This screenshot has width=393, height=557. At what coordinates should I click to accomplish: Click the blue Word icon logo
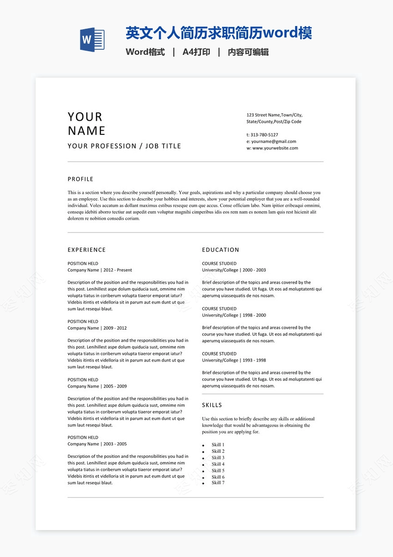point(92,39)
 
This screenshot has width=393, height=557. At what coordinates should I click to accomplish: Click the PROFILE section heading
point(80,179)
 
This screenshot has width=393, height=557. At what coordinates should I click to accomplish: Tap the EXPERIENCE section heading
point(86,250)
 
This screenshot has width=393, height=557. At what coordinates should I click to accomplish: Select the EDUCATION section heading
point(221,250)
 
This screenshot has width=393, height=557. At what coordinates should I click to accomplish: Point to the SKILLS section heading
point(212,405)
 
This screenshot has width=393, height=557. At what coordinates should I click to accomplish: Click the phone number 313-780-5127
point(265,135)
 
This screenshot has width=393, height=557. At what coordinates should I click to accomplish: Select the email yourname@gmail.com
point(274,142)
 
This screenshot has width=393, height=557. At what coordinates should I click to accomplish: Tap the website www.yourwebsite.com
point(275,148)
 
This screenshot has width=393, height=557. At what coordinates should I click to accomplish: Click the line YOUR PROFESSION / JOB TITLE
point(124,146)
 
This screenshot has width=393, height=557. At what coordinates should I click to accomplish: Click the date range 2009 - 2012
point(115,328)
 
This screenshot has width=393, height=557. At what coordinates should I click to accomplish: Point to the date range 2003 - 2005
point(115,444)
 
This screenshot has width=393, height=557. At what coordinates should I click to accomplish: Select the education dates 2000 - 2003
point(254,270)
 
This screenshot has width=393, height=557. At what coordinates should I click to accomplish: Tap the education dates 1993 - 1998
point(254,361)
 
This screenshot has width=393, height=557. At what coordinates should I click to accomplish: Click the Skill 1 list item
point(218,445)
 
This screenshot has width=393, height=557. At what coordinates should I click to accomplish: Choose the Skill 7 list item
point(218,483)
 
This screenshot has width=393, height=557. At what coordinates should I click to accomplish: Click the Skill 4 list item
point(218,464)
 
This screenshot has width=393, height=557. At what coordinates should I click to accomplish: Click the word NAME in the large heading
point(87,131)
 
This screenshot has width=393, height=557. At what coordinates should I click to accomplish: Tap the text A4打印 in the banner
point(196,52)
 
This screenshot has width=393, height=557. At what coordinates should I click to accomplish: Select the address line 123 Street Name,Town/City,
point(274,115)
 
